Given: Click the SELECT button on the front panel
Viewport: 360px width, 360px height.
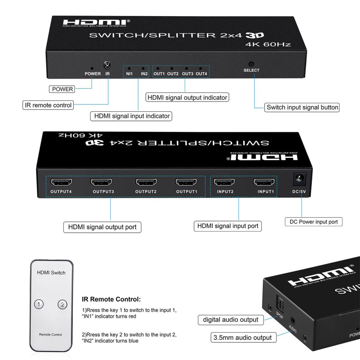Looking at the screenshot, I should pyautogui.click(x=251, y=64).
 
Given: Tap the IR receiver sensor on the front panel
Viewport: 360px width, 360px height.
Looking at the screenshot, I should pyautogui.click(x=107, y=65).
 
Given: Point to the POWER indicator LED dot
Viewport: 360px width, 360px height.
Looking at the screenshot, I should pyautogui.click(x=92, y=68).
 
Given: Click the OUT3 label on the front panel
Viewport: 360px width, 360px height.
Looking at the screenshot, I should pyautogui.click(x=188, y=74).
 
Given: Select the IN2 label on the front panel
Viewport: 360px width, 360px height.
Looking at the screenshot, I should pyautogui.click(x=144, y=74).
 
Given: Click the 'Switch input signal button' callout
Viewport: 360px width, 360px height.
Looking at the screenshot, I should pyautogui.click(x=302, y=107).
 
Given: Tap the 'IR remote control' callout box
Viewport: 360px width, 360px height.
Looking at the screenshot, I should pyautogui.click(x=48, y=105).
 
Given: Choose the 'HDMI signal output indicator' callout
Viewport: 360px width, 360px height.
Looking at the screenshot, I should pyautogui.click(x=187, y=98).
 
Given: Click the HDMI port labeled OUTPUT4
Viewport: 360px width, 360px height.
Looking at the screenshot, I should pyautogui.click(x=61, y=182).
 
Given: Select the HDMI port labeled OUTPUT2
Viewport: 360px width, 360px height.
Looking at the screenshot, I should pyautogui.click(x=146, y=182).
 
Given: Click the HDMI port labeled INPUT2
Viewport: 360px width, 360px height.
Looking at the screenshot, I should pyautogui.click(x=225, y=182).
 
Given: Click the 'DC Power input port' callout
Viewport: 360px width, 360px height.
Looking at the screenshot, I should pyautogui.click(x=314, y=222).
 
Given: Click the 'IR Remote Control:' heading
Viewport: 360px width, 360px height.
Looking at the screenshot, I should pyautogui.click(x=111, y=299).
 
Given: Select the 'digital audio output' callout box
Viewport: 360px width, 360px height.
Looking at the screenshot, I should pyautogui.click(x=230, y=320).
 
